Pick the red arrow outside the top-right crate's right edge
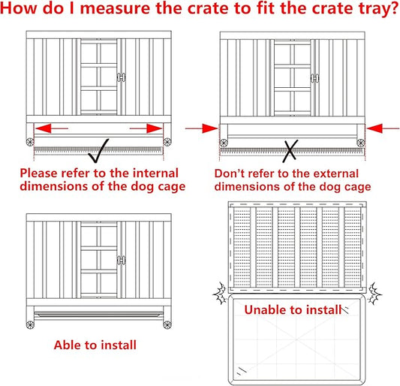click(x=379, y=128)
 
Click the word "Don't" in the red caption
click(x=222, y=173)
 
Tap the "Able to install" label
click(x=95, y=345)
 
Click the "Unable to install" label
click(x=293, y=309)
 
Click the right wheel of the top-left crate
click(x=167, y=142)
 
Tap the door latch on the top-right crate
click(x=313, y=77)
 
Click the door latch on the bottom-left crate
click(x=120, y=258)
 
